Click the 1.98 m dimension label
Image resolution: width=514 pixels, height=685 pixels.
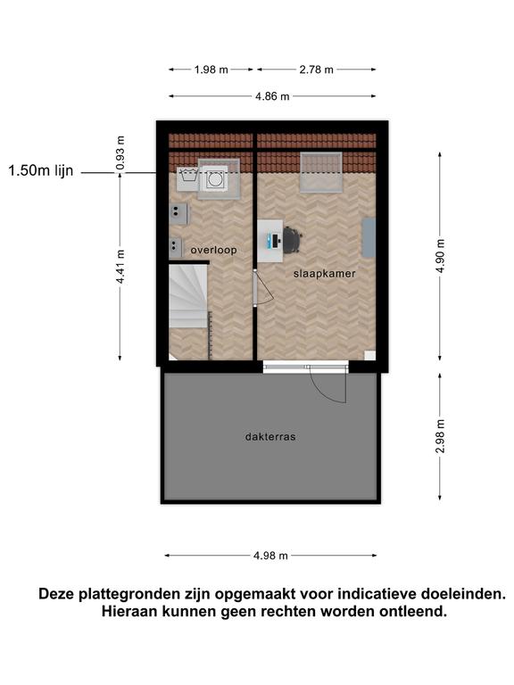pos(211,70)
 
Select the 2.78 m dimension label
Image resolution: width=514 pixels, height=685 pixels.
pos(317,70)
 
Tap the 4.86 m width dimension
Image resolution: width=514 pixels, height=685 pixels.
pos(272,96)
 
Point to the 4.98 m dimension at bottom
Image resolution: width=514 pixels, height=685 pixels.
pos(270,556)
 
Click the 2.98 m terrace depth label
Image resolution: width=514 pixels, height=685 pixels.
pos(440,436)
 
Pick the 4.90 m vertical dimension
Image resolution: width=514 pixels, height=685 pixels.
pos(440,256)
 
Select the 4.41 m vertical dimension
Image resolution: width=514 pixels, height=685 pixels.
pos(120,267)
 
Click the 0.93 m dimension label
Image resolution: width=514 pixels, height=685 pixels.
pos(120,153)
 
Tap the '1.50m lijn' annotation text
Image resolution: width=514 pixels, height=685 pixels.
pos(41,171)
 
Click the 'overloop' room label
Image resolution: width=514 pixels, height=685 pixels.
pos(214,250)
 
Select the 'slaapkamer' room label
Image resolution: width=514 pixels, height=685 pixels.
pos(324,274)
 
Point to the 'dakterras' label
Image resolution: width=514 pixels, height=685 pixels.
pos(270,436)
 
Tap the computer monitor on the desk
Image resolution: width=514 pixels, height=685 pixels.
pos(276,240)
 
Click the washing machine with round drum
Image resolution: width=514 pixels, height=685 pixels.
pos(214,179)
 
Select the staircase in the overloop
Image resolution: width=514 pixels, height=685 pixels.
pos(188,296)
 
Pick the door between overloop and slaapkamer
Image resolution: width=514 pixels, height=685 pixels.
pos(256,288)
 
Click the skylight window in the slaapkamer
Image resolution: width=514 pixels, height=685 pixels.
pos(321,172)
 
